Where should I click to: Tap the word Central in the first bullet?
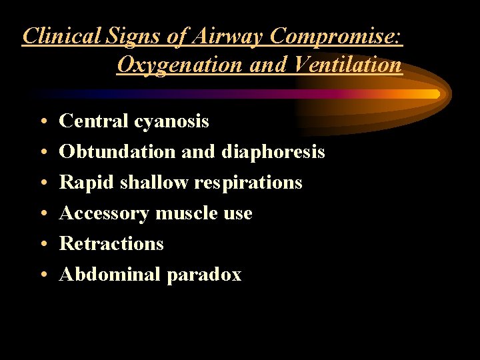(x=93, y=121)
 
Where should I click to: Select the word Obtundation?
(x=118, y=152)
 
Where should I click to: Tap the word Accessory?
(x=105, y=214)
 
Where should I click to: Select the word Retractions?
(x=111, y=244)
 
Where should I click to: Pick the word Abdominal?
(x=110, y=275)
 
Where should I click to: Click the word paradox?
(x=204, y=275)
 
